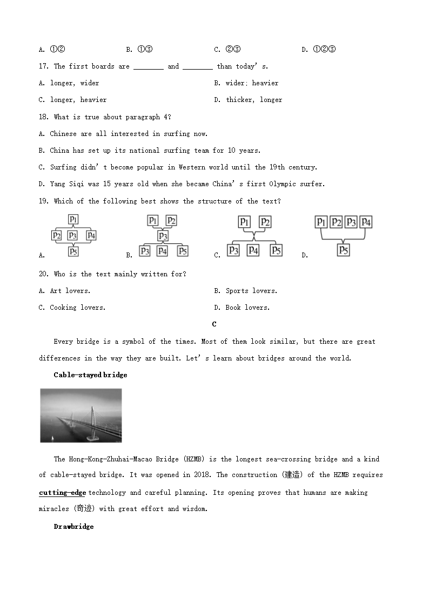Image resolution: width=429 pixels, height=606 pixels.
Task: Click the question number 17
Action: [44, 66]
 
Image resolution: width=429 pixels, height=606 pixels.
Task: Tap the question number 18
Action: [44, 117]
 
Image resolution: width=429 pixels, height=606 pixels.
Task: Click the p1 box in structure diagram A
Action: [73, 219]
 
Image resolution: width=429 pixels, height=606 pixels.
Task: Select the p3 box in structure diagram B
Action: [163, 236]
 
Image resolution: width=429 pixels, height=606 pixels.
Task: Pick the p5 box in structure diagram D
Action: [344, 250]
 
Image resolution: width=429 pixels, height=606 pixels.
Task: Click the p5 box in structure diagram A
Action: [73, 250]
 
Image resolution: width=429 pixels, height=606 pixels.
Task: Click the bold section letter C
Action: [215, 324]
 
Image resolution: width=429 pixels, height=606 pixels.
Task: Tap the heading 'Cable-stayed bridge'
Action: [90, 375]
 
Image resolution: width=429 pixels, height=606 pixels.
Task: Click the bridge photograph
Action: [81, 416]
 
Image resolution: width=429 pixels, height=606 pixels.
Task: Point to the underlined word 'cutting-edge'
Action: [63, 493]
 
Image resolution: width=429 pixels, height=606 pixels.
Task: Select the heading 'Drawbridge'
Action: [73, 527]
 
